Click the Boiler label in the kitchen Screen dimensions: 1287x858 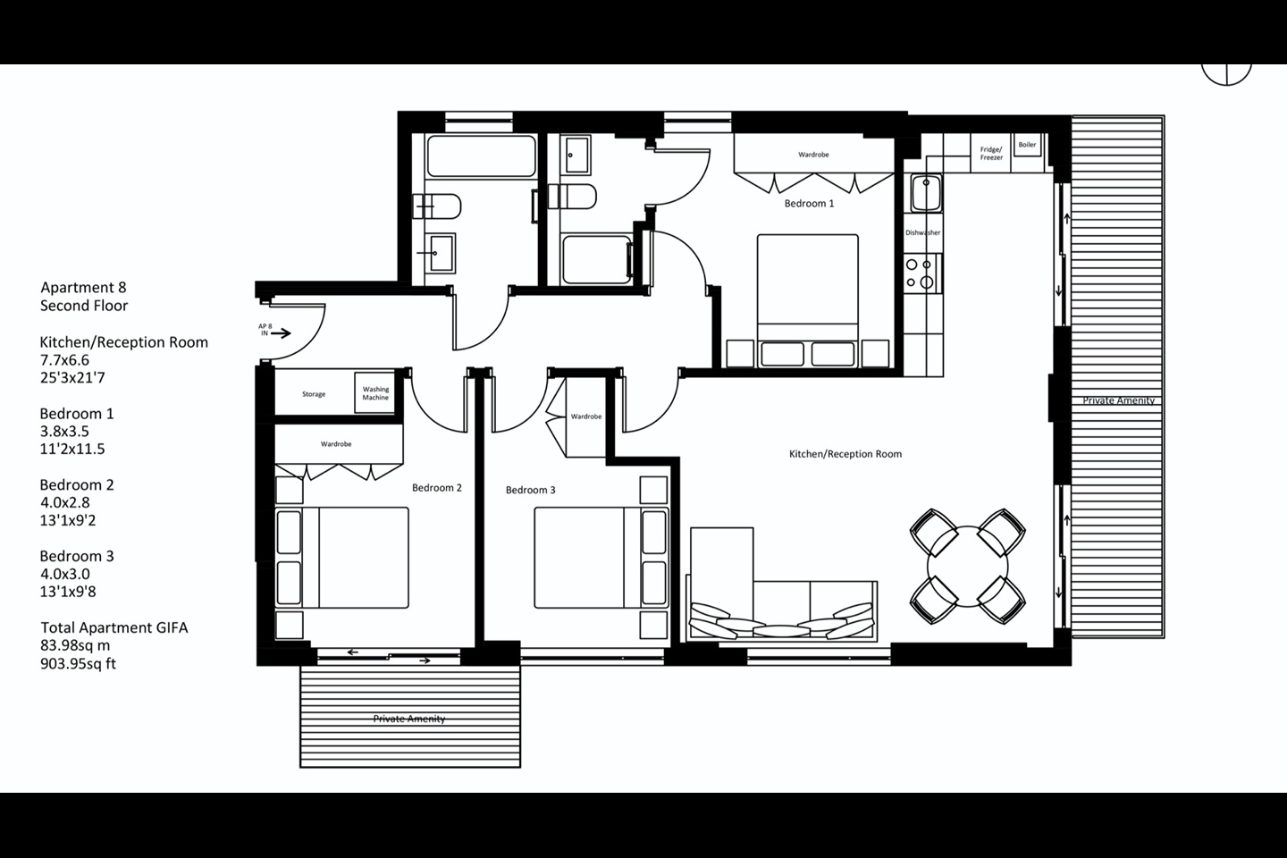pyautogui.click(x=1027, y=145)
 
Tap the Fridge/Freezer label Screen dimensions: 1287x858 pyautogui.click(x=991, y=154)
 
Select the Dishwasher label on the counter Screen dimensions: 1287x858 pyautogui.click(x=922, y=232)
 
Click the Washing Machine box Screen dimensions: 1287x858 pyautogui.click(x=375, y=393)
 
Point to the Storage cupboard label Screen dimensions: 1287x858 pyautogui.click(x=314, y=394)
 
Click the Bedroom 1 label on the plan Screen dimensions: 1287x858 pyautogui.click(x=809, y=204)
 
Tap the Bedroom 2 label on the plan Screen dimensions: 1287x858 pyautogui.click(x=437, y=488)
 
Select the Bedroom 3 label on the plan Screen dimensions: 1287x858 pyautogui.click(x=530, y=490)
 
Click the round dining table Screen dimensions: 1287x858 pyautogui.click(x=968, y=567)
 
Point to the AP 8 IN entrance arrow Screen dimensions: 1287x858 pyautogui.click(x=281, y=332)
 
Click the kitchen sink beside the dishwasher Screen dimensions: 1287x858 pyautogui.click(x=926, y=193)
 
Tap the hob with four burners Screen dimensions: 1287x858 pyautogui.click(x=922, y=273)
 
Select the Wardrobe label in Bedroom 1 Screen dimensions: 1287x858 pyautogui.click(x=813, y=155)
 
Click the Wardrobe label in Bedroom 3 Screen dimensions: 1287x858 pyautogui.click(x=586, y=416)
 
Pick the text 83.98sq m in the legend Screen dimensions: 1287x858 pyautogui.click(x=75, y=645)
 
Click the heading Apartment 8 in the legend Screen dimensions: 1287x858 pyautogui.click(x=83, y=288)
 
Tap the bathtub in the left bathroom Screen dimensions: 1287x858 pyautogui.click(x=482, y=156)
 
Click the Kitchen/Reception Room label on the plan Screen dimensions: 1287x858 pyautogui.click(x=845, y=454)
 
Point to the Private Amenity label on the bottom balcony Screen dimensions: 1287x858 pyautogui.click(x=409, y=719)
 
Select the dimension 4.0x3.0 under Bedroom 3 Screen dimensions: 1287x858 pyautogui.click(x=65, y=574)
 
